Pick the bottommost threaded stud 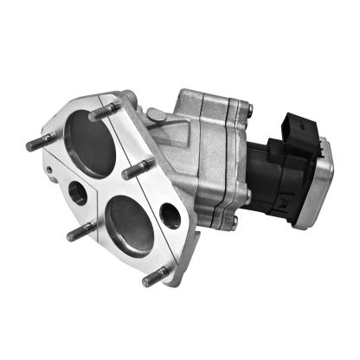[154, 276]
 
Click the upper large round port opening [92, 145]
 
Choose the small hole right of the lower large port [170, 215]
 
